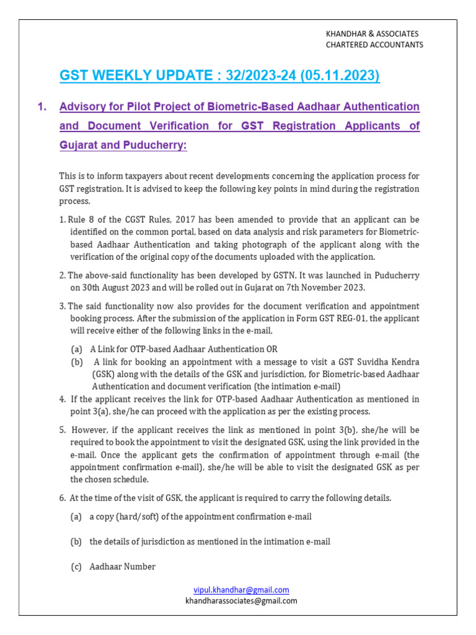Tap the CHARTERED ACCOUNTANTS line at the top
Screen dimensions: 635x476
[374, 45]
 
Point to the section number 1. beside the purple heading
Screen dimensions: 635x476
[42, 107]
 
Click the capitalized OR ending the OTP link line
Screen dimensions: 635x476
[280, 349]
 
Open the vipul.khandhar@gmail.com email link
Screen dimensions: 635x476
[241, 590]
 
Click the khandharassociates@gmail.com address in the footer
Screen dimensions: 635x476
[241, 600]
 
